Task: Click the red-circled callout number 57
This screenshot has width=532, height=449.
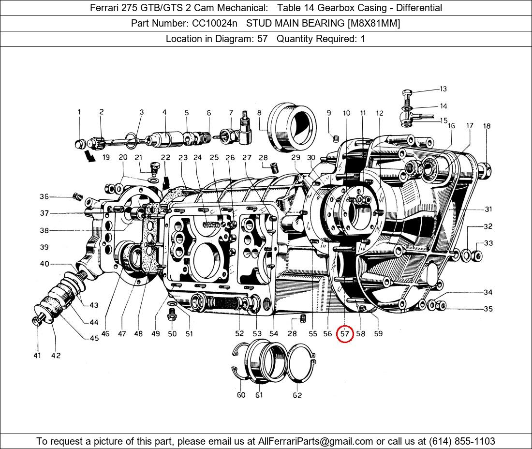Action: (344, 334)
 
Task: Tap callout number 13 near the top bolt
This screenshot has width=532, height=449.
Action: (443, 89)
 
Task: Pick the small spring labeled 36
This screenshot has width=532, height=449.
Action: (76, 196)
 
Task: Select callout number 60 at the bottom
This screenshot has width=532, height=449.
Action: (241, 395)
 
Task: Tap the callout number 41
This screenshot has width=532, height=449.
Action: (37, 356)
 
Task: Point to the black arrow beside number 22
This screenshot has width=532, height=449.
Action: (166, 182)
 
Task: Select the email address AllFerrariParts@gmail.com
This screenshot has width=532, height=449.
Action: (316, 441)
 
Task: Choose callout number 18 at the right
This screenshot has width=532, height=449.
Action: (487, 126)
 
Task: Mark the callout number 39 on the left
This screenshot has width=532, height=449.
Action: (44, 247)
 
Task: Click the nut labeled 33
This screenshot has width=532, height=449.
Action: (476, 255)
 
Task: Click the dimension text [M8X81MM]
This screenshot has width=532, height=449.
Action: (373, 23)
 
